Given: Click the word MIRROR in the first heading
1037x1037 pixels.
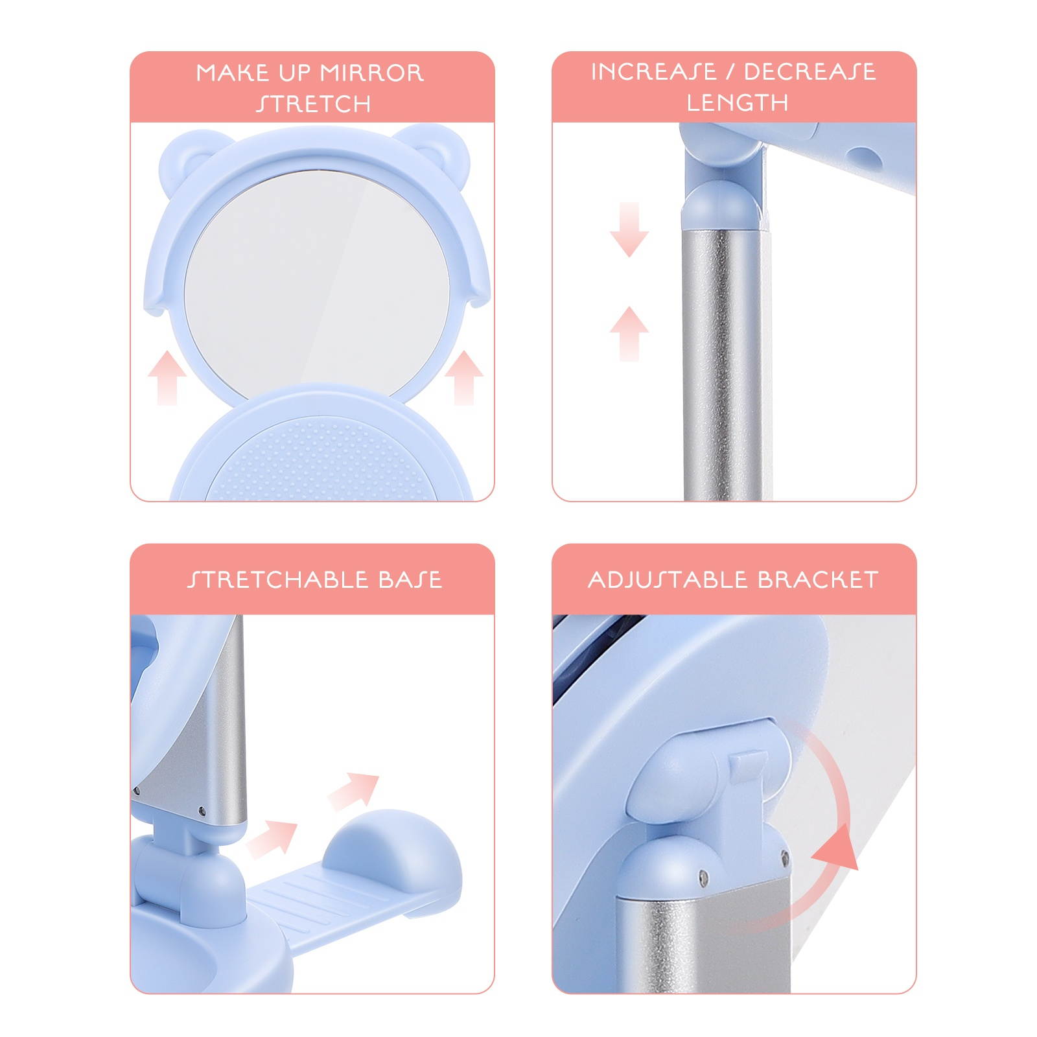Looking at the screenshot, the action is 372,73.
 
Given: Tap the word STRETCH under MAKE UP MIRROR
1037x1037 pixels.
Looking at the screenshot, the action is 313,104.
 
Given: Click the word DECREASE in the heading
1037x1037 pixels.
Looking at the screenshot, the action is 810,71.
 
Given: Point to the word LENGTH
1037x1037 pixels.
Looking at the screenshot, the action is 738,102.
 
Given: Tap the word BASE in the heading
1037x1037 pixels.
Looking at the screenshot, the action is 410,579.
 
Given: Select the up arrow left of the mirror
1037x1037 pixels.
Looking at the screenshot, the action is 167,377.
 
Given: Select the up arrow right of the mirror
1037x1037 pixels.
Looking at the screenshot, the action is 464,377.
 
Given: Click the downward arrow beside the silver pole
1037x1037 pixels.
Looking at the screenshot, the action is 629,229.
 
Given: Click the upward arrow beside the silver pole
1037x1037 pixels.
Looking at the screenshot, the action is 629,334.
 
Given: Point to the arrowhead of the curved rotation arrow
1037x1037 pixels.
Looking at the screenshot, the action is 836,848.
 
